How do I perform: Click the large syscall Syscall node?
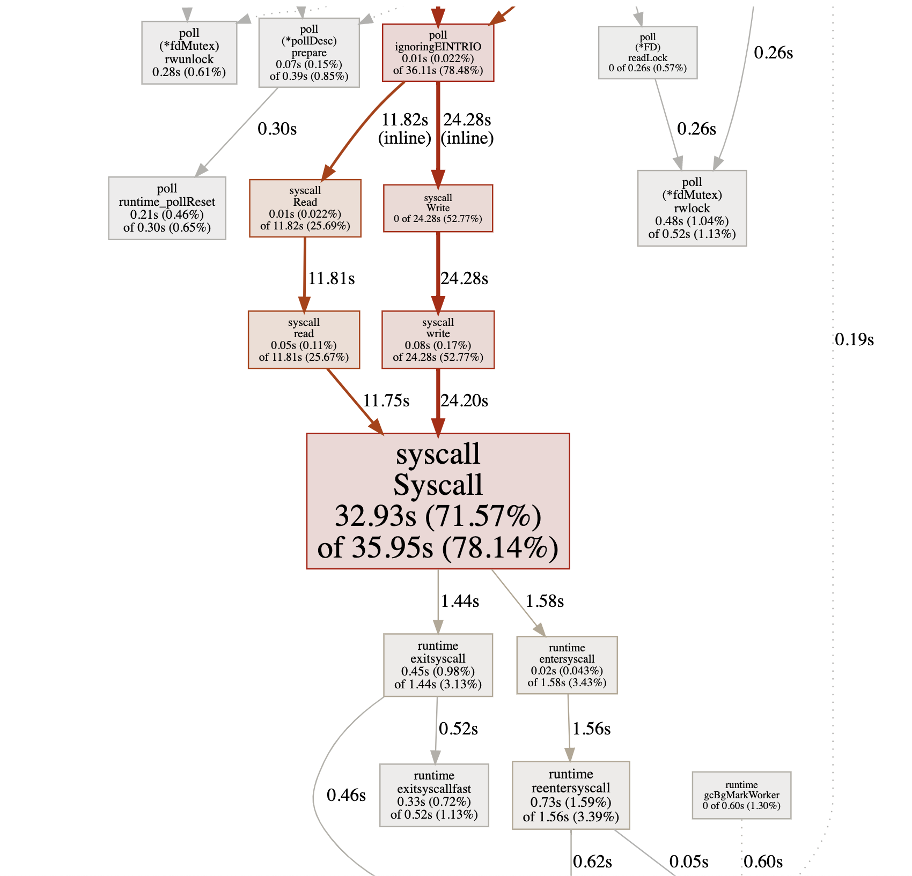coord(438,501)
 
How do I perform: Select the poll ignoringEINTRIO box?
coord(438,53)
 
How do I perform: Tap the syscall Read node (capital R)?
coord(305,208)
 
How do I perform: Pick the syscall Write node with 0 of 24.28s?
coord(438,208)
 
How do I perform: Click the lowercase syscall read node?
coord(304,339)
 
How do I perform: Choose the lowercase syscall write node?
coord(438,339)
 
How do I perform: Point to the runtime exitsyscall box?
coord(438,665)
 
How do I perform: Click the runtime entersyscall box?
coord(567,665)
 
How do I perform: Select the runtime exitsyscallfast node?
coord(434,795)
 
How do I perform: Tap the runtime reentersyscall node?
coord(571,795)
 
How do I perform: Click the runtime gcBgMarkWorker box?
coord(741,795)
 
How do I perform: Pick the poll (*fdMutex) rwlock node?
coord(692,208)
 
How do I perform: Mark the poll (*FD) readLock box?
coord(648,53)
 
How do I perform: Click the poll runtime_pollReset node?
coord(167,208)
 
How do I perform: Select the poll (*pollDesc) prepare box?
coord(309,53)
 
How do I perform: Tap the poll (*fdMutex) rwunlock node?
coord(189,53)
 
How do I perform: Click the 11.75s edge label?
coord(386,400)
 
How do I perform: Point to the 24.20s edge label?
coord(465,400)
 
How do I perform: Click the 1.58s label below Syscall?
coord(545,601)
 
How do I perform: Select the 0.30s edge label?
coord(277,129)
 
